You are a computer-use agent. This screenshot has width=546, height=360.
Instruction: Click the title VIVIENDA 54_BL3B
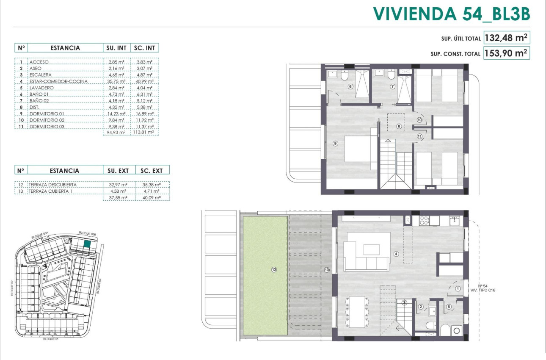tap(452, 14)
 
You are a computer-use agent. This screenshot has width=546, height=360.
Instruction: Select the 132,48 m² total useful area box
tap(507, 38)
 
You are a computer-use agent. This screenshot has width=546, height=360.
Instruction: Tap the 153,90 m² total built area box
tap(507, 53)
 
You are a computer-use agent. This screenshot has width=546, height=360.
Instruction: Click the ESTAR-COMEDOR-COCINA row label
tap(58, 81)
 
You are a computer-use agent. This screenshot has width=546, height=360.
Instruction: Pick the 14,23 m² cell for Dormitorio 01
tap(116, 114)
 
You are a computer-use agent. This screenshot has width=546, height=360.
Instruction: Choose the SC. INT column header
tap(145, 48)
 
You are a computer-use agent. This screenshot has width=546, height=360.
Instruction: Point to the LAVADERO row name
tap(41, 88)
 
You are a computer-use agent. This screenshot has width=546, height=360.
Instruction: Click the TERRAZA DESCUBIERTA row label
tap(52, 185)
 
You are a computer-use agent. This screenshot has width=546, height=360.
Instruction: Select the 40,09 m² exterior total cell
tap(152, 197)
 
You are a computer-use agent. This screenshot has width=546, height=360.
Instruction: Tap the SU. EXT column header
tap(118, 171)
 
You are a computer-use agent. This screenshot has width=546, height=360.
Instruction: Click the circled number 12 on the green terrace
tap(274, 269)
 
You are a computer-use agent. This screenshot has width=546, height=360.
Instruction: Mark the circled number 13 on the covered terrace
tap(327, 270)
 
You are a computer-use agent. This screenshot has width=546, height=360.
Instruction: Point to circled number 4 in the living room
tap(396, 254)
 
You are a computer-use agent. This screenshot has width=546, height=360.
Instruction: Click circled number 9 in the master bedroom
tap(335, 144)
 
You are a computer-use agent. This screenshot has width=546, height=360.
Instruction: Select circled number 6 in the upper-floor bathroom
tap(350, 86)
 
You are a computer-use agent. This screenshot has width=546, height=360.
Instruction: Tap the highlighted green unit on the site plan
tap(87, 244)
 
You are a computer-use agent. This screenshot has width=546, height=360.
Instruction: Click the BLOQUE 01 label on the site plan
tap(50, 339)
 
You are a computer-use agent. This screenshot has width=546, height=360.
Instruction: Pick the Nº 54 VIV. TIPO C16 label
tap(483, 288)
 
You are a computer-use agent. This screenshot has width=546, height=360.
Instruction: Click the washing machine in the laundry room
tap(457, 331)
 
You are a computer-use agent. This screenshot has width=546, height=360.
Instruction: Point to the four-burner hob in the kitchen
tap(424, 220)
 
